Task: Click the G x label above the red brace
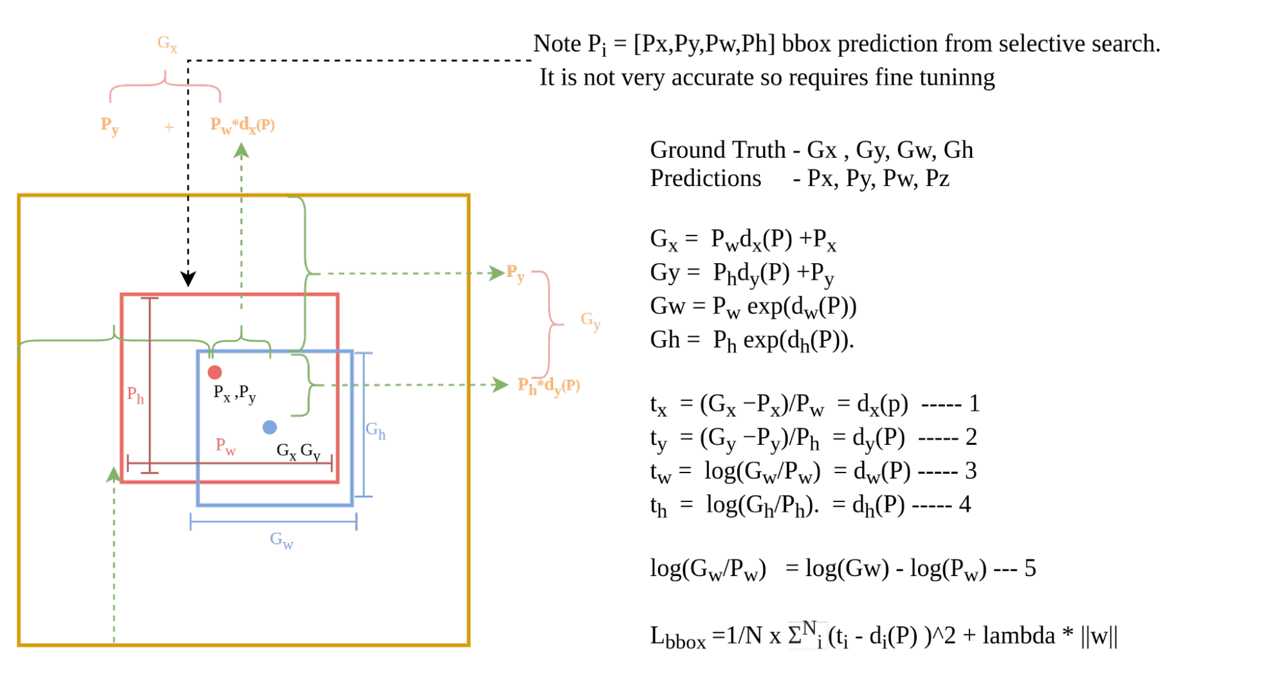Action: pos(167,44)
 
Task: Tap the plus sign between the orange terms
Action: pos(169,127)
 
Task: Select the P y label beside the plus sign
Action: pos(110,126)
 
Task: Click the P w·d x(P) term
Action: pos(243,125)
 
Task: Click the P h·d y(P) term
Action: pos(549,386)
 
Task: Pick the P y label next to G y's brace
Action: pos(515,273)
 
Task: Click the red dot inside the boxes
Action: pos(215,372)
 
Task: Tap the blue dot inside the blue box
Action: pos(270,427)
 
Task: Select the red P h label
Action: pos(135,395)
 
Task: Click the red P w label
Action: pos(226,445)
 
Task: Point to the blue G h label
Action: pos(375,430)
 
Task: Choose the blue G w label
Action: pos(281,540)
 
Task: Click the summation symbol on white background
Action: pos(807,635)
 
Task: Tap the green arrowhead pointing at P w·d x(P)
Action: pos(241,151)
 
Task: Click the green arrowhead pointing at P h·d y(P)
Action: pos(501,385)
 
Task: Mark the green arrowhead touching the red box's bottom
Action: pos(113,474)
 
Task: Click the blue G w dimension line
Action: pos(273,521)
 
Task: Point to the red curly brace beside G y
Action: pos(551,324)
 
